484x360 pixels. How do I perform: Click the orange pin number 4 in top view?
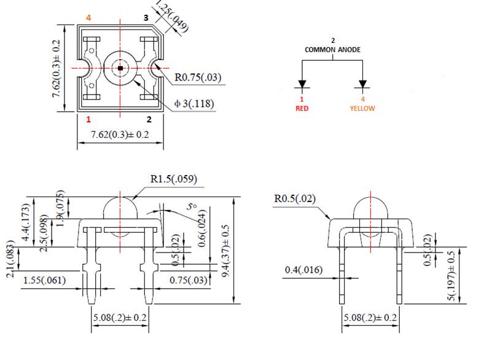coord(89,18)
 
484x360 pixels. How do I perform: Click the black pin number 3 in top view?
coord(146,18)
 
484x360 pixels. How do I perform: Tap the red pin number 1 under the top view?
coord(89,119)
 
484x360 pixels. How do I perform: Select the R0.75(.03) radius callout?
coord(198,78)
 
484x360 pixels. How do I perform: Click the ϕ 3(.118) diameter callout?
coord(194,104)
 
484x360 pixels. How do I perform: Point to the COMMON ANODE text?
coord(333,50)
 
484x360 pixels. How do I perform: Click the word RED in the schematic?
coord(302,108)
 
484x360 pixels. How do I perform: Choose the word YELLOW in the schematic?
coord(362,108)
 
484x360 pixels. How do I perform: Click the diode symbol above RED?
coord(302,84)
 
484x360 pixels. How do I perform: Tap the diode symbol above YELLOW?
coord(362,84)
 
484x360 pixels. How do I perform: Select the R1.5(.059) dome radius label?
coord(173,179)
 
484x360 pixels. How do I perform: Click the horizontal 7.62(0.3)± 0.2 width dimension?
coord(120,135)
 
